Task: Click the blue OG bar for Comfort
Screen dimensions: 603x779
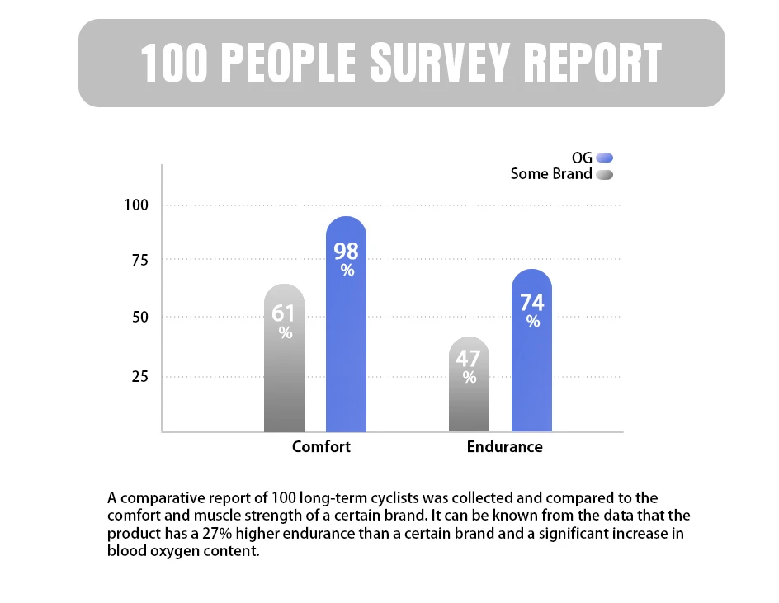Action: pos(346,346)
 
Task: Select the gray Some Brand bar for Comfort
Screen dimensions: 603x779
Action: pos(284,379)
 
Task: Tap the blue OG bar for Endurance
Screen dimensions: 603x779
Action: pos(531,371)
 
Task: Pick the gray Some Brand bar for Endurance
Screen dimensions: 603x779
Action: pos(469,404)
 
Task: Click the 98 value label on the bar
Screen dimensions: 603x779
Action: pos(346,252)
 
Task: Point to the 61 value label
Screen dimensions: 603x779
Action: pos(284,313)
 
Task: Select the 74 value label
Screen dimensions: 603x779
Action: pos(532,303)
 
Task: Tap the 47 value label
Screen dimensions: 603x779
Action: pos(469,359)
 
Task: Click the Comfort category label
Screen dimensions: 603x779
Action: pos(321,446)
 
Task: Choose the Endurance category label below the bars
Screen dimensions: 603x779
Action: pos(504,446)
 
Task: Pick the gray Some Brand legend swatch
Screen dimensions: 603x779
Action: pos(605,175)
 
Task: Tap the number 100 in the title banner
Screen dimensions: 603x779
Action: pos(174,64)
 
